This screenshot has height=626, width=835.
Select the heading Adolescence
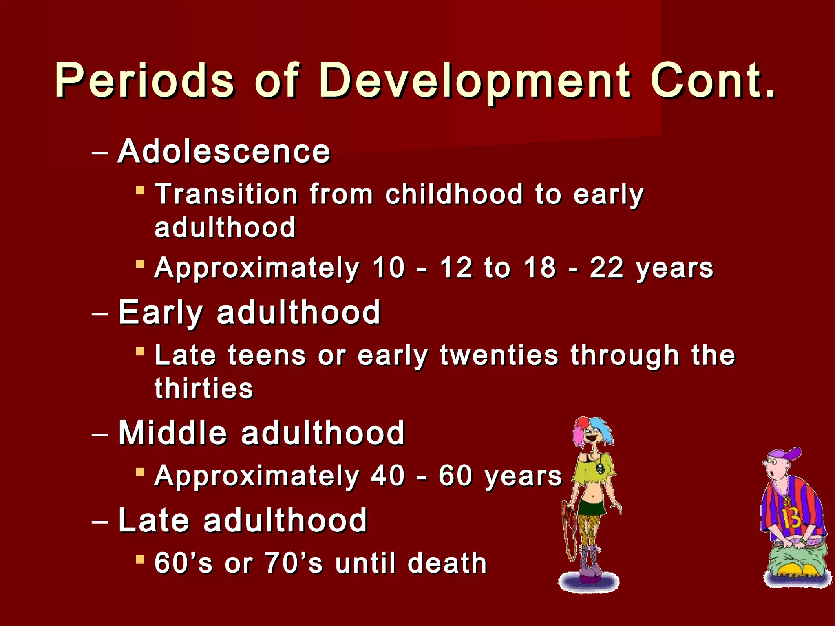pyautogui.click(x=224, y=151)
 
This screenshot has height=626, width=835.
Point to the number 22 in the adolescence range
pyautogui.click(x=606, y=268)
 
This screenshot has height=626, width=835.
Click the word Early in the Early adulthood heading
pyautogui.click(x=160, y=313)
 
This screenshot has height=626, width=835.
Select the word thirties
pyautogui.click(x=204, y=388)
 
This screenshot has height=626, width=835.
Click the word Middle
pyautogui.click(x=172, y=433)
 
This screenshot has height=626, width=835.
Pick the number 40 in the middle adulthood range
pyautogui.click(x=388, y=476)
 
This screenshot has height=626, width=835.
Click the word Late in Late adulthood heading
pyautogui.click(x=154, y=520)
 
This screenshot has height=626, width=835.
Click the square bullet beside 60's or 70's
pyautogui.click(x=140, y=559)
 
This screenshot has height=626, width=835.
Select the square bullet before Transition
pyautogui.click(x=140, y=190)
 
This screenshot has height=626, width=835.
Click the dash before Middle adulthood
pyautogui.click(x=100, y=434)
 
